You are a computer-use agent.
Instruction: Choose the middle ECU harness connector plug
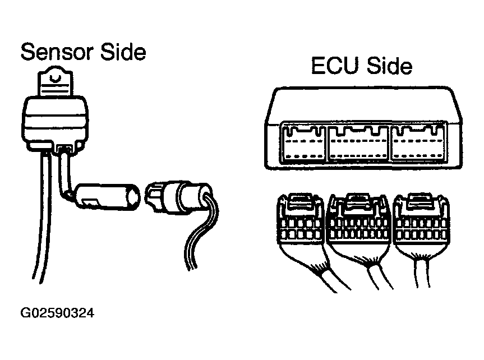pyautogui.click(x=359, y=224)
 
